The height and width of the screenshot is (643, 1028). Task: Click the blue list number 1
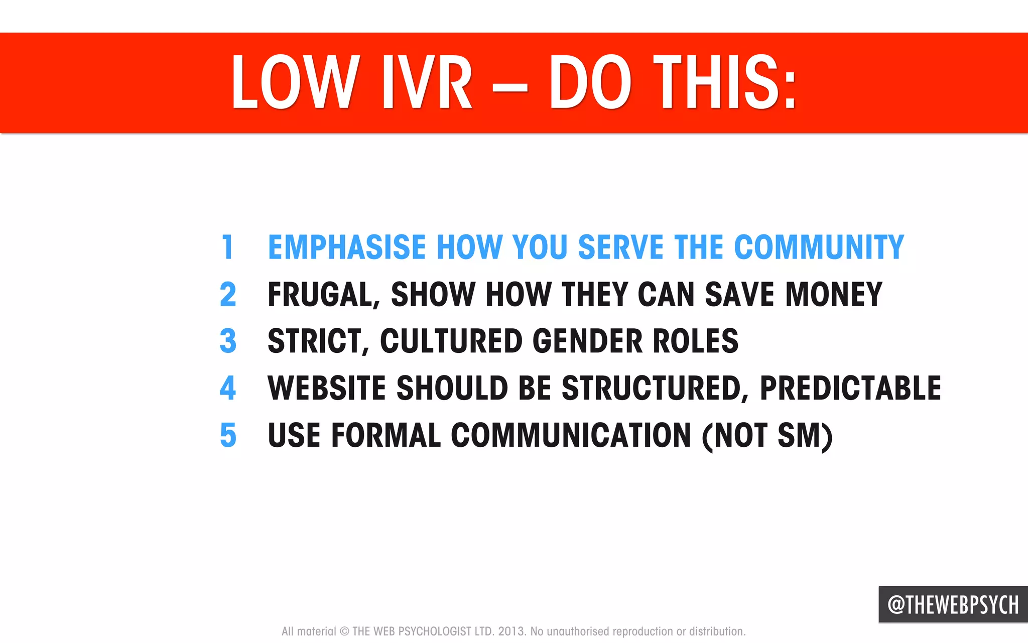tap(228, 247)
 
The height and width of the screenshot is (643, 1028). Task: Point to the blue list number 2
tap(228, 294)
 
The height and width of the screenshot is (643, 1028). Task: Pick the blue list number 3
tap(228, 341)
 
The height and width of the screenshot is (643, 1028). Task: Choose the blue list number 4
tap(228, 388)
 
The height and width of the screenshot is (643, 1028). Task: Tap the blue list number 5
tap(228, 435)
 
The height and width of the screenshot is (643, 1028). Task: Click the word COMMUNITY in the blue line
tap(819, 247)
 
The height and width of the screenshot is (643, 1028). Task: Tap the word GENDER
tap(588, 341)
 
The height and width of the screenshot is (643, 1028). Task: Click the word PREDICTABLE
tap(850, 388)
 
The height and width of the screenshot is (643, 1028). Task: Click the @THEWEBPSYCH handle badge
tap(953, 604)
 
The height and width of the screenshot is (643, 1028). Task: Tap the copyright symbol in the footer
tap(344, 631)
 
